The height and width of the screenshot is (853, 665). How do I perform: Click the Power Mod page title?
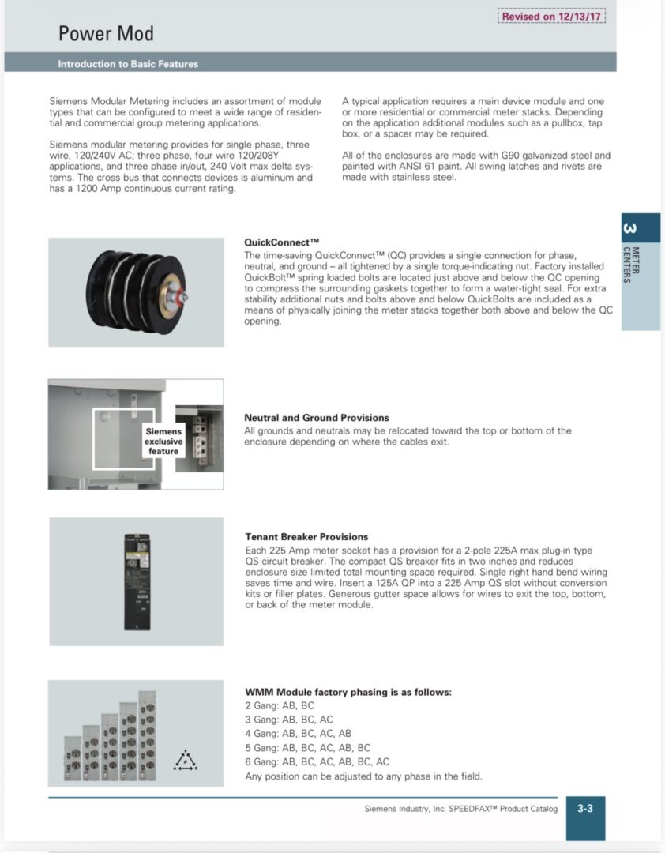point(106,33)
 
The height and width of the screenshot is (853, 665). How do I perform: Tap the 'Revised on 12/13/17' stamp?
point(551,16)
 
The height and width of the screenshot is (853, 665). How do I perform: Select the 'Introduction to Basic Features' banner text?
point(128,64)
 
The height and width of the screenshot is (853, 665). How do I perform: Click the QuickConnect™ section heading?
point(281,242)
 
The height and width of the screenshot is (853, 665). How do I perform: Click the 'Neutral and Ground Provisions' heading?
point(316,418)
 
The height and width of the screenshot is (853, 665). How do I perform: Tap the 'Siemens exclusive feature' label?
point(163,442)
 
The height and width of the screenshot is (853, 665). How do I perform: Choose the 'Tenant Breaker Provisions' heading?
point(306,537)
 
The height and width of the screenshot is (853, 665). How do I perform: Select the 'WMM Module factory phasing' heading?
point(348,692)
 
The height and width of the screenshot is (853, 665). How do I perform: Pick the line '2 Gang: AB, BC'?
point(280,705)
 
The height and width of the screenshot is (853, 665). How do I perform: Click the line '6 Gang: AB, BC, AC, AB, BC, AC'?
point(317,762)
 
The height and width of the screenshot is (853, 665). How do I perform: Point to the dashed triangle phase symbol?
point(186,761)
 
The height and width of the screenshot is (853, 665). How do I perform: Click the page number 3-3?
point(585,809)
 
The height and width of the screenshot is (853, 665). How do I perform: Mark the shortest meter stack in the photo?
point(73,757)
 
